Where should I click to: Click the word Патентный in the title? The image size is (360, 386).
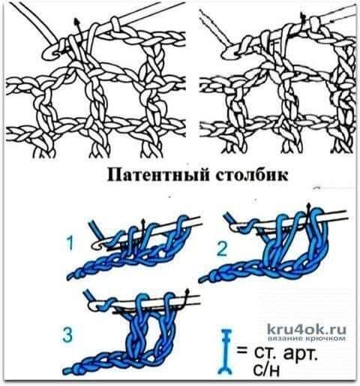click(158, 175)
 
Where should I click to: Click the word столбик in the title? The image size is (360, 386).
click(252, 175)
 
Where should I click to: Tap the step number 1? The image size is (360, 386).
click(70, 244)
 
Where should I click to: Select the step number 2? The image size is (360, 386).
click(222, 249)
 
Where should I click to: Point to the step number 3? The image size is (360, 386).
click(67, 335)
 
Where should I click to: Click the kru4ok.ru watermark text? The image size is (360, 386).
click(307, 330)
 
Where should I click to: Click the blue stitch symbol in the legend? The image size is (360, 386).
click(226, 351)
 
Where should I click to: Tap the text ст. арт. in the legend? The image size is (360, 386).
click(286, 354)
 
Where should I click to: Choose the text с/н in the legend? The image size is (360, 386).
click(266, 370)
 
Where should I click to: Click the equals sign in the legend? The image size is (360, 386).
click(241, 351)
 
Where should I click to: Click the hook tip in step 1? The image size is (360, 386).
click(96, 246)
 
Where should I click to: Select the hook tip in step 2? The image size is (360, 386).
click(235, 228)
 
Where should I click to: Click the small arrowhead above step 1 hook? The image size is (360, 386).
click(143, 222)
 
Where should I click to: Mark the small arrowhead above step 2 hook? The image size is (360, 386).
click(310, 207)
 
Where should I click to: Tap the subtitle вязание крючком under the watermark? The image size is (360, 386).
click(307, 339)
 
